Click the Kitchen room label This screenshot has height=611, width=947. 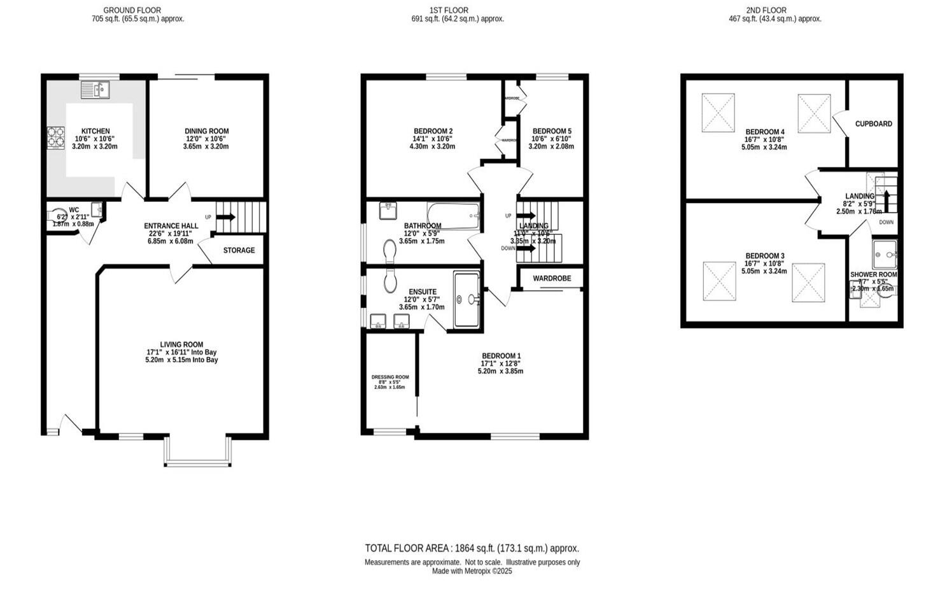pos(95,131)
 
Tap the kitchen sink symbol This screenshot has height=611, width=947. pos(95,90)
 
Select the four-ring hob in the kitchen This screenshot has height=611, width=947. pos(55,137)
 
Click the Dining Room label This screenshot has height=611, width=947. pos(206,131)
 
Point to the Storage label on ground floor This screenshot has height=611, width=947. pos(239,251)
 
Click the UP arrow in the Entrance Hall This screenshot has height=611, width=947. pos(225,217)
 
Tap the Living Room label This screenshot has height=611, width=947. pos(181,345)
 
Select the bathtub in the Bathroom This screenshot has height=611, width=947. pos(453,215)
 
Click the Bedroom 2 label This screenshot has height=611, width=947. pos(433,131)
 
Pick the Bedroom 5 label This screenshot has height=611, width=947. pos(552,131)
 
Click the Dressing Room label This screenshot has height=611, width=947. pos(390,377)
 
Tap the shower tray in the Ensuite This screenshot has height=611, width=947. pos(467,299)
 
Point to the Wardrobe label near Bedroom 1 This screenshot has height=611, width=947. pos(552,279)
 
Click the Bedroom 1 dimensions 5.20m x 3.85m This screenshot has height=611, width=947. pos(500,371)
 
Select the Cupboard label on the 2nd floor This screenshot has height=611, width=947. pos(873,124)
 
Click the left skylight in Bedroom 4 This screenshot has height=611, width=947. pos(718,113)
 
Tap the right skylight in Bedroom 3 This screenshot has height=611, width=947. pos(808,282)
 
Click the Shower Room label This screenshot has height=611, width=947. pos(873,275)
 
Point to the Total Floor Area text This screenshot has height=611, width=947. pos(472,548)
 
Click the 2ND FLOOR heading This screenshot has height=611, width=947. pos(766,10)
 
